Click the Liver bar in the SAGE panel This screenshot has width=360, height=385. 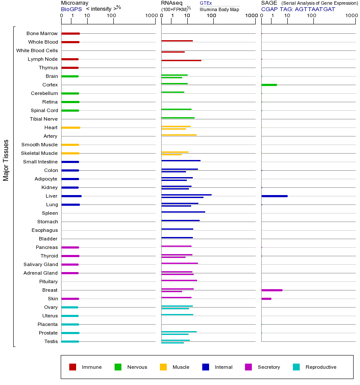coord(274,196)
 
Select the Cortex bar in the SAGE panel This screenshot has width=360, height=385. coord(269,85)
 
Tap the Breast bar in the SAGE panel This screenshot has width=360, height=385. coord(271,290)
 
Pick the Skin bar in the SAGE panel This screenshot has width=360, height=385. coord(266,299)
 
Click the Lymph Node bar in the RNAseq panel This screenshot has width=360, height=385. coord(181,60)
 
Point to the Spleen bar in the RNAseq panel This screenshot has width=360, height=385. coord(183,212)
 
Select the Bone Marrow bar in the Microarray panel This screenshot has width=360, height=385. coord(71,33)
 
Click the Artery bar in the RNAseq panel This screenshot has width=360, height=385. coord(179,135)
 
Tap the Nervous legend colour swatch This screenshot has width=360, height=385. coord(118,367)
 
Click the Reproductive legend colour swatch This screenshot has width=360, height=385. coord(296,367)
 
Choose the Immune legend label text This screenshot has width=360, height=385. coord(91,367)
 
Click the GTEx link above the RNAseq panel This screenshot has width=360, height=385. coord(206,3)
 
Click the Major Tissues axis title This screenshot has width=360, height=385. coord(6,160)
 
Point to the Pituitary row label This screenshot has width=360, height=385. coord(48,281)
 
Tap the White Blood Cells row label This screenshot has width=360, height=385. coord(37,50)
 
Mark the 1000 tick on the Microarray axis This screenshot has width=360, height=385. coord(150,16)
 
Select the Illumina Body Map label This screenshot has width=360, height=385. coord(219,9)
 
